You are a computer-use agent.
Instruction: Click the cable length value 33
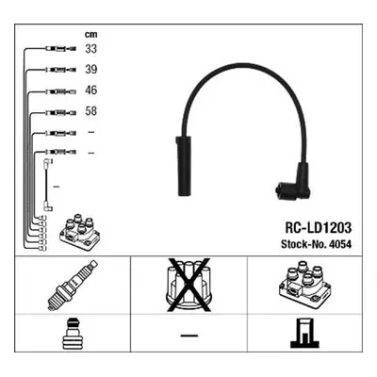[91, 49]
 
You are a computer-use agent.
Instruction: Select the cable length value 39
[91, 70]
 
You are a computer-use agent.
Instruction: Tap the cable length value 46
[91, 90]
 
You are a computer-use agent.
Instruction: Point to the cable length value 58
[91, 111]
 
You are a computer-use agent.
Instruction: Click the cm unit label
[91, 34]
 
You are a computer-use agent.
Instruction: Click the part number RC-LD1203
[318, 228]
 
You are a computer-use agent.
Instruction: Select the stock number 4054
[342, 244]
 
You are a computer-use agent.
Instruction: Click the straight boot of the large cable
[182, 166]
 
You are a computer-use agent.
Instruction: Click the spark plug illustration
[73, 285]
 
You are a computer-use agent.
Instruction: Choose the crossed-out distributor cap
[188, 285]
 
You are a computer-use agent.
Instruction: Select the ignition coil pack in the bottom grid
[304, 283]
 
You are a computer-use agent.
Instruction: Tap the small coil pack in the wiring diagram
[80, 233]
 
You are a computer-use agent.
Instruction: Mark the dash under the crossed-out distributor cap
[189, 336]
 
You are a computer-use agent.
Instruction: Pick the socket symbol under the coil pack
[304, 333]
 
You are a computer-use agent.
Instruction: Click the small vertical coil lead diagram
[47, 185]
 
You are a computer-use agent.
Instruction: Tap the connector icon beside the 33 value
[61, 49]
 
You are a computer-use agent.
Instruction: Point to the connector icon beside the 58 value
[61, 112]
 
